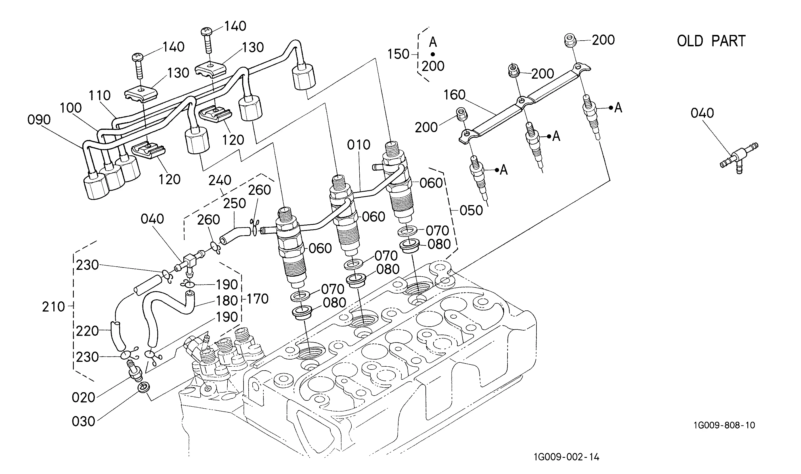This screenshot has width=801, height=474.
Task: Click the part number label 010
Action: (359, 145)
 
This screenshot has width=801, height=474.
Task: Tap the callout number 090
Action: (39, 120)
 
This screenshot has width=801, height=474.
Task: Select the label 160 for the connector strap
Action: (454, 95)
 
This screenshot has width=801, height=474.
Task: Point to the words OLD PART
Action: (711, 41)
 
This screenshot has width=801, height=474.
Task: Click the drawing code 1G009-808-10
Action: (724, 425)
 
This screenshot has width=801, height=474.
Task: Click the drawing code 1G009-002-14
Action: (567, 457)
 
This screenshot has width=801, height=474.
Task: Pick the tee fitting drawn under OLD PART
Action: (739, 159)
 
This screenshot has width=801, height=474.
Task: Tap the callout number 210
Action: (53, 307)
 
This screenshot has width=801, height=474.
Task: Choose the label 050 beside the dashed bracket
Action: (471, 210)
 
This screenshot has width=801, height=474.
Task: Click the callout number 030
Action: (83, 422)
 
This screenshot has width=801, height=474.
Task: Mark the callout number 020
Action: (83, 398)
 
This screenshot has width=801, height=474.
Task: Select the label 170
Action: (257, 299)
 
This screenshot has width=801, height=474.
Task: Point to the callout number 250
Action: (234, 203)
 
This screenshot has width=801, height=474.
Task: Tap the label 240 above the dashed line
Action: (220, 180)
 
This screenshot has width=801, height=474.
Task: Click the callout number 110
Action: (100, 95)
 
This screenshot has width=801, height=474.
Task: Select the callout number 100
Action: (70, 108)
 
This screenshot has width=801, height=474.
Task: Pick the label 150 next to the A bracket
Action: (398, 54)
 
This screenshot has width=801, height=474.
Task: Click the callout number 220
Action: (87, 331)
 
